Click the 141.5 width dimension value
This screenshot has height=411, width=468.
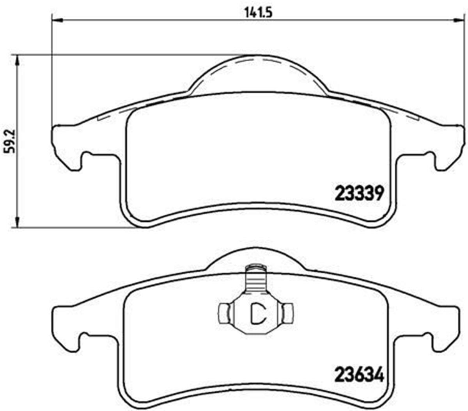click(258, 12)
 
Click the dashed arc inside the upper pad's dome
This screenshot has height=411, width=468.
click(257, 60)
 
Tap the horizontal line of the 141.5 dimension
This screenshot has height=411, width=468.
click(156, 20)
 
